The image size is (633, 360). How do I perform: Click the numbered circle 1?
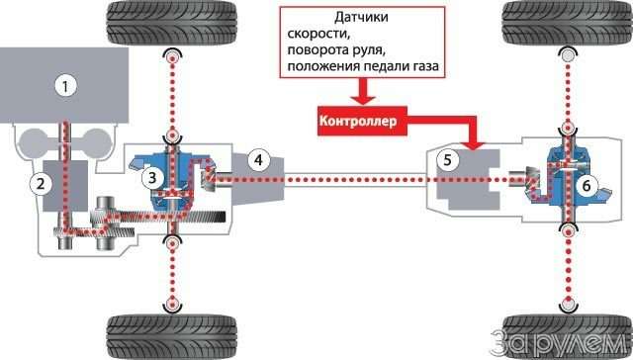coord(65,86)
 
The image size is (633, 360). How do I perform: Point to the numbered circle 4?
coord(257,159)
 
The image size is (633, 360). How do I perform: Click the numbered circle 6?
coord(586,184)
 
